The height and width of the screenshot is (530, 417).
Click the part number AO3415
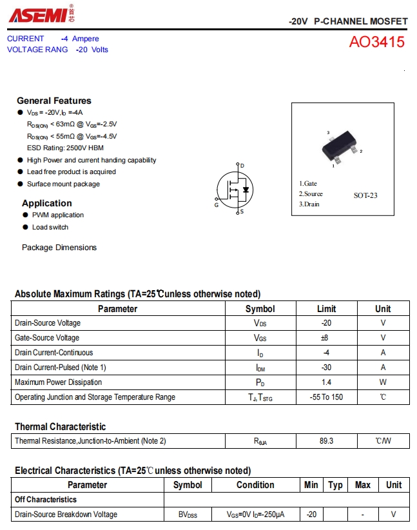coord(377,43)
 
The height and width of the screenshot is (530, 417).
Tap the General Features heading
coord(54,101)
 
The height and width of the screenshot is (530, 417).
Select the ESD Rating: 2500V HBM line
coord(65,148)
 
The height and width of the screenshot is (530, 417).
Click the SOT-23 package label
coord(365,195)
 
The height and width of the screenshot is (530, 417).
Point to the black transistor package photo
coord(340,148)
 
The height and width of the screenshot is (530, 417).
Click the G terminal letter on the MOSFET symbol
coord(217,205)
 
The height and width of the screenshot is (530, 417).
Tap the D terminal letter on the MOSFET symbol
coord(242,166)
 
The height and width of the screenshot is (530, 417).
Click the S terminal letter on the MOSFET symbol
coord(242,211)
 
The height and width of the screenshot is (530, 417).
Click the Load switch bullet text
coord(50,227)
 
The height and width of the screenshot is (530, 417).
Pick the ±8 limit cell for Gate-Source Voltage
coord(326,338)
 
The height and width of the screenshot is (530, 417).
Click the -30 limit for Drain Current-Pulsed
coord(326,368)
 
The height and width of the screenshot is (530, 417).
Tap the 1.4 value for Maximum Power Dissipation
coord(326,382)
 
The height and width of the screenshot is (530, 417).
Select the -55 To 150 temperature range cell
coord(326,397)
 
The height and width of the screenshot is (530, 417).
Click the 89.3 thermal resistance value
coord(326,442)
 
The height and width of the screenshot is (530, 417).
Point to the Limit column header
coord(326,309)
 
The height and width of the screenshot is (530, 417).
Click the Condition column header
coord(255,485)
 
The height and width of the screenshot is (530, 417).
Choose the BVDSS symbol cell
coord(188,515)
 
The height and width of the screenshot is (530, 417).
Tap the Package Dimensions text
coord(59,248)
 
